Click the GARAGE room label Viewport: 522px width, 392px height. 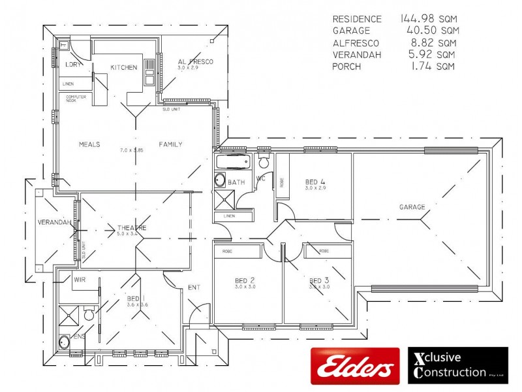412,207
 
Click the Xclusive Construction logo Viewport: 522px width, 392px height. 457,365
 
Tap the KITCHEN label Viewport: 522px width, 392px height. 123,67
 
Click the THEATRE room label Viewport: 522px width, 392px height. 131,227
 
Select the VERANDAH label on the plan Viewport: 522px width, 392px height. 54,222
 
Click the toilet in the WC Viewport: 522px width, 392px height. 264,162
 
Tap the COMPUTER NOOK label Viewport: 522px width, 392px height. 76,98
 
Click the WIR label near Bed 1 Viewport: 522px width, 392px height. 80,279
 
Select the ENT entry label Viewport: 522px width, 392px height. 194,286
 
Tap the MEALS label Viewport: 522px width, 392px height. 89,144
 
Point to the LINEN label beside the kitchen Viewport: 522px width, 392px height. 69,84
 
